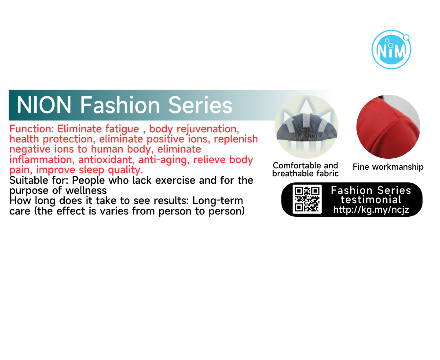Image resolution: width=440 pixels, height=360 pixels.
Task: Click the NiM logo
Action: coord(391,50)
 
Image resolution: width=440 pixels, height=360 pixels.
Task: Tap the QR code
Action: coord(307,200)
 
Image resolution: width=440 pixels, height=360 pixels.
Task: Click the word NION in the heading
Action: coord(44,105)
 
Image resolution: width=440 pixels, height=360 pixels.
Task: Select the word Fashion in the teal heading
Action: coord(120,105)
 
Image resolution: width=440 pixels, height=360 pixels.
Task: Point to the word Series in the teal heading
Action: coord(200,105)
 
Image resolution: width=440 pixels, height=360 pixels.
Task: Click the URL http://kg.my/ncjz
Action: coord(371,209)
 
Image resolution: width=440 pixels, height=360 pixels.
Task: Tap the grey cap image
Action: coord(306,127)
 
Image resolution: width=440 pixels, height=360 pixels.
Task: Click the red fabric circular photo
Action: coord(389,127)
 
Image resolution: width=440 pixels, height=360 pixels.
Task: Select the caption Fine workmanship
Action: coord(388,167)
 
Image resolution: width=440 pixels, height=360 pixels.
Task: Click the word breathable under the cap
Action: coord(293,174)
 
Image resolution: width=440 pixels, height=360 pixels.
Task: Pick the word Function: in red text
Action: coord(31,129)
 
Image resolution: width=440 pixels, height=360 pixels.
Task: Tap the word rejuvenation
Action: coord(208,129)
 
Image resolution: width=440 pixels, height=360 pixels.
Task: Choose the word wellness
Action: coord(86,190)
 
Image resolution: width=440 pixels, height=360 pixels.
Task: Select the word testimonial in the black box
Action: coord(371,200)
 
